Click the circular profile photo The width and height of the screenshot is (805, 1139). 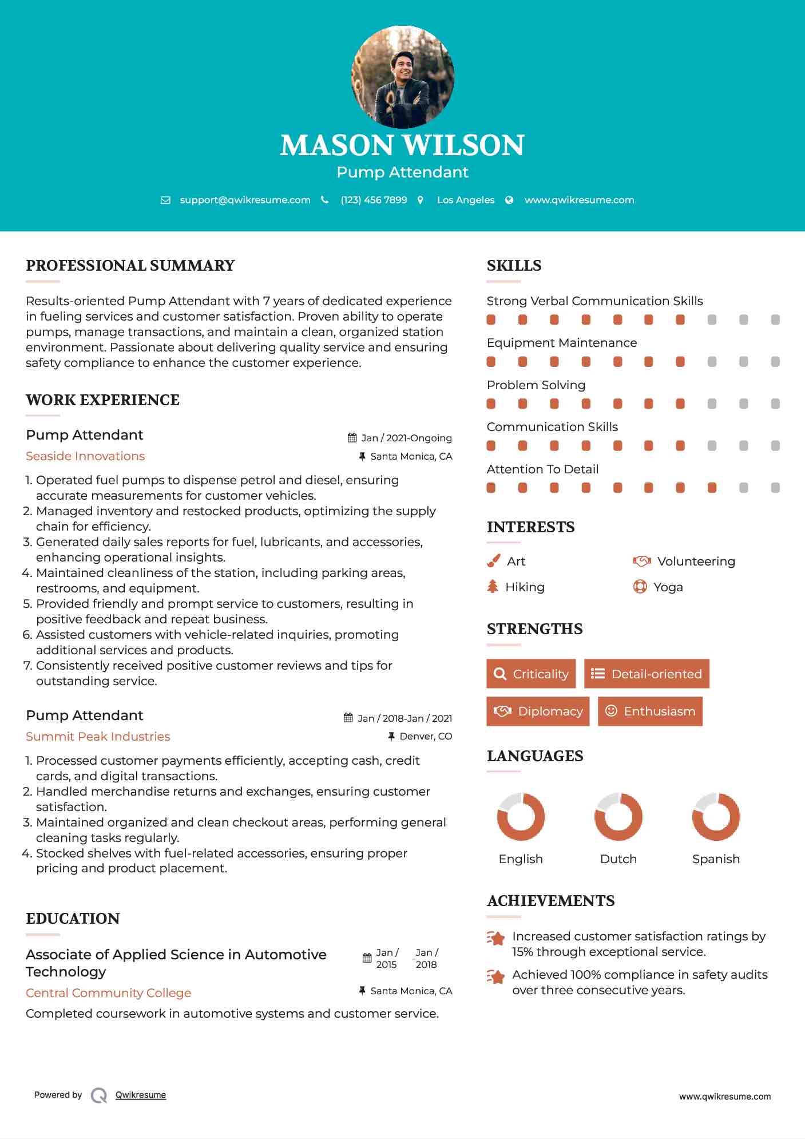[x=402, y=77]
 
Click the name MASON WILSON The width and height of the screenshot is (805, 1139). [x=402, y=145]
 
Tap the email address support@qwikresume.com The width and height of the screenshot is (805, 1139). [x=245, y=200]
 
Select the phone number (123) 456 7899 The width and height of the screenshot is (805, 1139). [x=374, y=200]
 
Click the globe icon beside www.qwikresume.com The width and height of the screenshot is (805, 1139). [x=509, y=200]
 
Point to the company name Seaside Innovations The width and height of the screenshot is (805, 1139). [x=85, y=456]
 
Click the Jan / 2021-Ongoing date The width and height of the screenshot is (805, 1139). [x=406, y=438]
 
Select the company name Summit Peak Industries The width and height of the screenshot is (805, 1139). [x=98, y=737]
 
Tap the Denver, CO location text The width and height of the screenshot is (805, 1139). [x=426, y=736]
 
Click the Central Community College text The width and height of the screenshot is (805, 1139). [x=109, y=993]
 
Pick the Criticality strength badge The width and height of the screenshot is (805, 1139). [x=531, y=674]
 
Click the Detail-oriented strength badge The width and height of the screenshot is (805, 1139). [x=647, y=674]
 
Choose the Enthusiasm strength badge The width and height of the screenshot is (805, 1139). [x=650, y=711]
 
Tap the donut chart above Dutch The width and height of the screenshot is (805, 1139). [x=618, y=817]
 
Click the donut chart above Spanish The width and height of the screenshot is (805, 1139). [x=716, y=817]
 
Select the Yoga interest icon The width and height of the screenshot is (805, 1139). [x=640, y=587]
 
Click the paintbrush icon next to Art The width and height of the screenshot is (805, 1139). [x=493, y=561]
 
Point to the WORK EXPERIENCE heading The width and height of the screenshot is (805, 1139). [x=102, y=400]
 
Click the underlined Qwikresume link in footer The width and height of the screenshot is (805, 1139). [x=141, y=1095]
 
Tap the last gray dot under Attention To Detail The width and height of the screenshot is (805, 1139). [x=775, y=488]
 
